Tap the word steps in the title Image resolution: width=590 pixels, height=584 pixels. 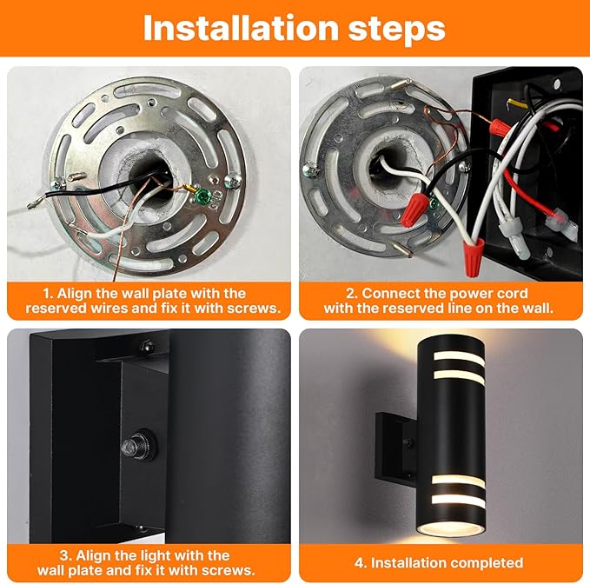click(x=395, y=28)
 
